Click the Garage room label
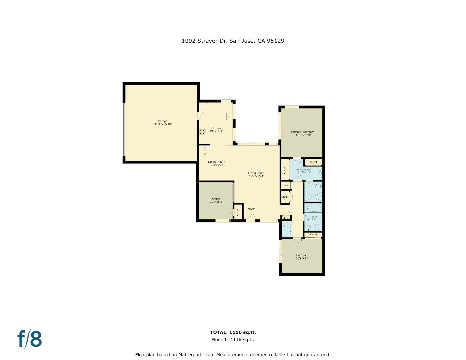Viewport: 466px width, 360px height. click(163, 121)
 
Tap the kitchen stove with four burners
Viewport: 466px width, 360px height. click(202, 132)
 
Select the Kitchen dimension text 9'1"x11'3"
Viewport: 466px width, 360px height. click(216, 131)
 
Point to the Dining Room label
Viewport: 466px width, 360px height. click(216, 162)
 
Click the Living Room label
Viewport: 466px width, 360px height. click(256, 173)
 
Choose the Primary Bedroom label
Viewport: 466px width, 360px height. click(303, 132)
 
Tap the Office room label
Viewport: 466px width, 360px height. click(216, 199)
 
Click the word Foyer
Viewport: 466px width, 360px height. click(251, 209)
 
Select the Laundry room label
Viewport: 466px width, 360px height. click(290, 230)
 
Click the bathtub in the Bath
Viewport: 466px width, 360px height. click(313, 209)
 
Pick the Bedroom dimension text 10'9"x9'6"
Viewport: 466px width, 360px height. click(302, 258)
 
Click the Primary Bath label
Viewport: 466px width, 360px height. click(304, 170)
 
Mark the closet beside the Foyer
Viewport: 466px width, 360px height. click(238, 212)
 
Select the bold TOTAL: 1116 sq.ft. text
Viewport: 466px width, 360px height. click(233, 332)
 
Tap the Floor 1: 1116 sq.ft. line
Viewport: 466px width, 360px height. click(233, 340)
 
